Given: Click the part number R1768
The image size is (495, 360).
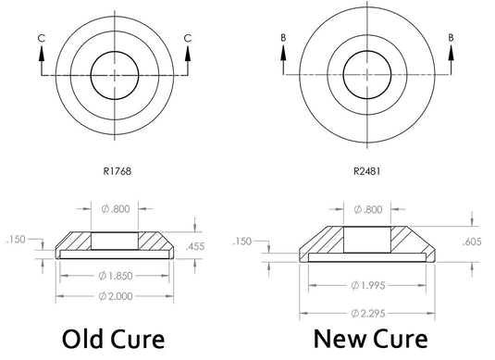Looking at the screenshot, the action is (118, 171).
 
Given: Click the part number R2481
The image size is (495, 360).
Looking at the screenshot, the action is (366, 171).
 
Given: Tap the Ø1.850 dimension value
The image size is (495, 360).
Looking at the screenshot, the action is (116, 276).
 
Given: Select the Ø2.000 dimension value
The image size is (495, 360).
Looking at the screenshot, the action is (116, 296).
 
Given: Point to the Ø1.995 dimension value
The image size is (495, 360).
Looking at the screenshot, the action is (367, 285).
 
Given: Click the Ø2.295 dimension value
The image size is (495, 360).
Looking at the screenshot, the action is (367, 313).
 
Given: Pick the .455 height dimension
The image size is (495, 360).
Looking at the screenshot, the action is (195, 246).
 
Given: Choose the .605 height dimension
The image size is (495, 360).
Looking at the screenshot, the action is (472, 242).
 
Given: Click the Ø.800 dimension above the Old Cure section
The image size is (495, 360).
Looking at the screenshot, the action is (116, 209).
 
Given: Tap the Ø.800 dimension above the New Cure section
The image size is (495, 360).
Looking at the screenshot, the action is (368, 209).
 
